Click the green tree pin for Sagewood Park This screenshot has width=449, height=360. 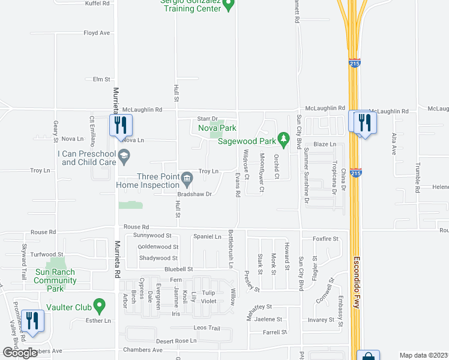point(284,141)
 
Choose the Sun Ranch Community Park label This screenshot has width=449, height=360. point(55,280)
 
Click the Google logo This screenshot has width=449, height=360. point(20,353)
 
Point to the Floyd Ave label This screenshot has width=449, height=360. point(97,33)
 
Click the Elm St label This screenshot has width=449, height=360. point(102,79)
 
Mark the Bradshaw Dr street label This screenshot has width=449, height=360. point(195,194)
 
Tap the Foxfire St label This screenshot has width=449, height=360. point(325,238)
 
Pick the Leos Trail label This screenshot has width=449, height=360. point(207,328)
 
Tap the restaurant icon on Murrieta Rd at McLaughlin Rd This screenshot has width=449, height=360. point(119,125)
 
